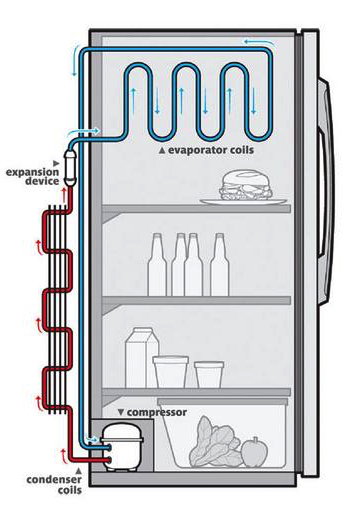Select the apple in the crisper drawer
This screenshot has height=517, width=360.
254,452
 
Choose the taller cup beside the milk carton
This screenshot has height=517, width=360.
171,371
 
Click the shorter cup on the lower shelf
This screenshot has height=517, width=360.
209,374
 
